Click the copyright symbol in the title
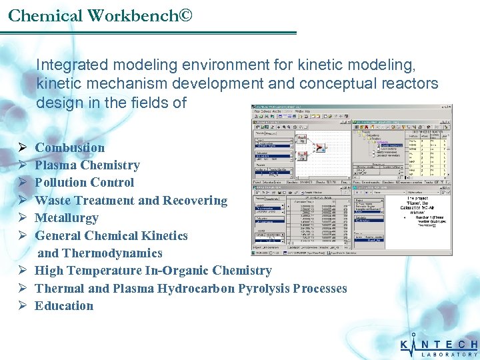tap(185, 15)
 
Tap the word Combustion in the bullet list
tap(70, 148)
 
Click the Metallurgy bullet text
tap(67, 218)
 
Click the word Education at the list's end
tap(64, 306)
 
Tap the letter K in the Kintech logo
tap(406, 345)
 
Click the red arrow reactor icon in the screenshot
tap(319, 148)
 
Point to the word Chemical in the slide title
tap(41, 15)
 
